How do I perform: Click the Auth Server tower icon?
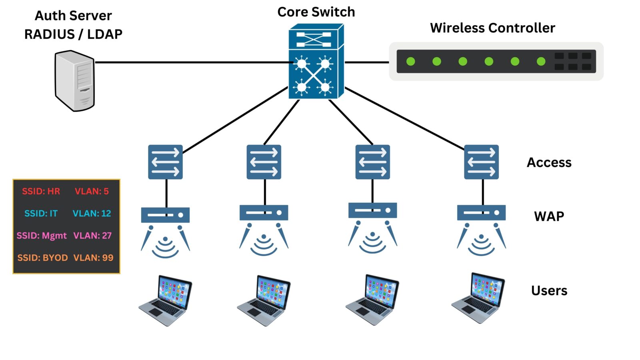point(75,80)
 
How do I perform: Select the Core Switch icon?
point(316,61)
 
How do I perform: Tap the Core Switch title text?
point(316,12)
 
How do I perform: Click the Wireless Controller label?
point(492,28)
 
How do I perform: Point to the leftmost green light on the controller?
point(411,61)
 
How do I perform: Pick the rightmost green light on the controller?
point(541,61)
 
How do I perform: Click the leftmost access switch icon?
point(165,162)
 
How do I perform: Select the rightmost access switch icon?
point(481,162)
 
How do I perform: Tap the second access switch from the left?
point(264,162)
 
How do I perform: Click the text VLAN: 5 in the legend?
point(92,191)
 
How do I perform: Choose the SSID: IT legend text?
point(41,213)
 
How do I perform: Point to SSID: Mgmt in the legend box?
point(42,236)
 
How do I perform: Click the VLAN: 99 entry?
point(93,258)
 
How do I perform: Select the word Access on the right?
point(549,162)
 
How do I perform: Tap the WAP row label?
point(549,216)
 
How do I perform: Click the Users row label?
point(549,290)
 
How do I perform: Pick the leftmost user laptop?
point(166,300)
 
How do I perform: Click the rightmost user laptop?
point(478,298)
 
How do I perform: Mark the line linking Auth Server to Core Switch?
point(192,62)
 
